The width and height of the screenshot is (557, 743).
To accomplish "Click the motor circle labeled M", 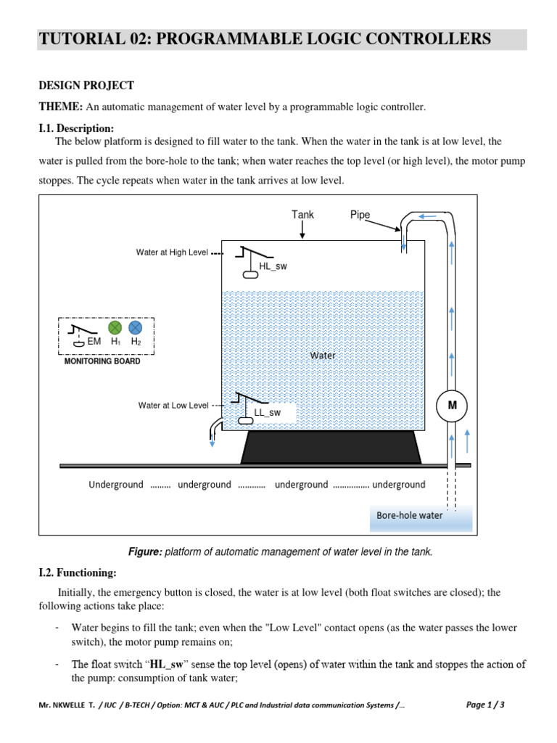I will [452, 405].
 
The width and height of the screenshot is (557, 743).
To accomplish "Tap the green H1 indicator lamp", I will [115, 328].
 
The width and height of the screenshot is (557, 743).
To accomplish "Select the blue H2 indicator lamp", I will [135, 328].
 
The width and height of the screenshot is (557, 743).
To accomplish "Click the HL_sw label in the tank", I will [273, 266].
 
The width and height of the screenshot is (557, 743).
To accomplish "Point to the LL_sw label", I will [267, 412].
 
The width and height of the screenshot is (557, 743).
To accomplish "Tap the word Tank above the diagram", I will [302, 215].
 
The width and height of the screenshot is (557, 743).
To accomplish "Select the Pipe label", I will [360, 215].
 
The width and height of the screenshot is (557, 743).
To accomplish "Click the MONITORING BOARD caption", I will [102, 361].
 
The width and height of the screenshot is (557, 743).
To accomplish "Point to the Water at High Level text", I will [172, 253].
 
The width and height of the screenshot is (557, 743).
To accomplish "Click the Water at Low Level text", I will [173, 406].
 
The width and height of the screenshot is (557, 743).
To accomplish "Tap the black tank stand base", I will [331, 447].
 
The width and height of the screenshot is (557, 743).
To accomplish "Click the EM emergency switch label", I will [94, 341].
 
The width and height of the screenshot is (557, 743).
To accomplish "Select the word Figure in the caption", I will [144, 552].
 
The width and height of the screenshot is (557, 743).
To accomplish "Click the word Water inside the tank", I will [323, 356].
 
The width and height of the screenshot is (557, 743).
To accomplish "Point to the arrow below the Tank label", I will [302, 230].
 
